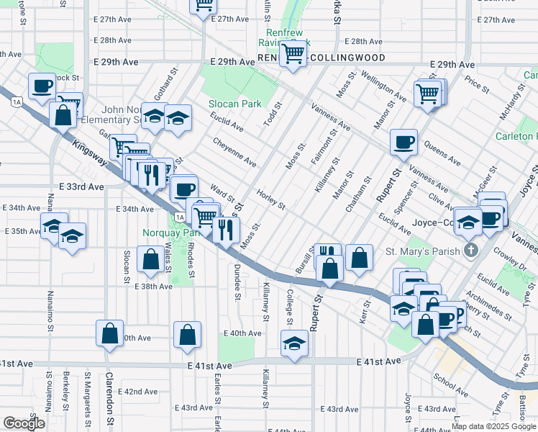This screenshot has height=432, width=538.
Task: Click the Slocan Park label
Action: [235, 104]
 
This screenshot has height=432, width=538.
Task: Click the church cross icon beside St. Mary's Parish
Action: [471, 251]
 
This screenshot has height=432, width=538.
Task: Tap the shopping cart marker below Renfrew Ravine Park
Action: [293, 53]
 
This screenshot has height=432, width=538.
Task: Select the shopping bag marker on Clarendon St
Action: [109, 333]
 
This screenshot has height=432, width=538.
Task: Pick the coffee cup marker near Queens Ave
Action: [403, 142]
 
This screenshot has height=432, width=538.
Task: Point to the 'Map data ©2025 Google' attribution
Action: [494, 426]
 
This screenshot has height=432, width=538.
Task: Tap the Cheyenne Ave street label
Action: [234, 151]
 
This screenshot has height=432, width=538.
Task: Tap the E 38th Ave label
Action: [153, 286]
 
